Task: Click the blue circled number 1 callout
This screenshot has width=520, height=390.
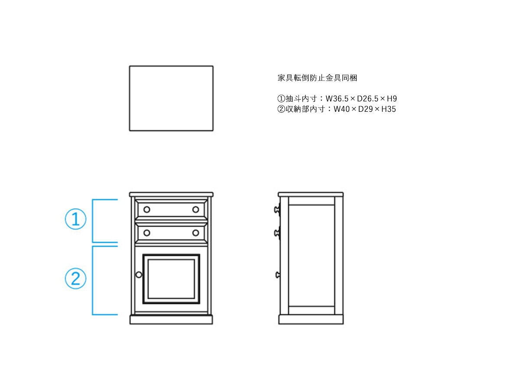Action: tap(75, 219)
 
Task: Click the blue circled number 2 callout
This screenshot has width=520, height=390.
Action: tap(75, 279)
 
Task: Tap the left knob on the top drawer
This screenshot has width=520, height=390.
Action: tap(146, 209)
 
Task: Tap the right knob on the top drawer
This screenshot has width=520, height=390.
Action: tap(196, 209)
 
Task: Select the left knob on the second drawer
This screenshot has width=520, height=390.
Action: tap(146, 233)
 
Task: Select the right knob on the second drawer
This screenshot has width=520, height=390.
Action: tap(196, 233)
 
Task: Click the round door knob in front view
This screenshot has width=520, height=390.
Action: tap(139, 275)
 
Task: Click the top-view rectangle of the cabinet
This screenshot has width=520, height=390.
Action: tap(171, 98)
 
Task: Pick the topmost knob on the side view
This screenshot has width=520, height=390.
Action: tap(277, 209)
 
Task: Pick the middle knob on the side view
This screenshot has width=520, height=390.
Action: tap(277, 233)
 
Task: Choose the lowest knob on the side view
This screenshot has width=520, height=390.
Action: tap(278, 275)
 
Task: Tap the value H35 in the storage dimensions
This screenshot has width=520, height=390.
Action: tap(389, 109)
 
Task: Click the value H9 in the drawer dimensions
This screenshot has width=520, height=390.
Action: tap(392, 98)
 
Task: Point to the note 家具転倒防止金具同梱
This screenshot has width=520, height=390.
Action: tap(317, 78)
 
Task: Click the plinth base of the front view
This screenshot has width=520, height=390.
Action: tap(171, 319)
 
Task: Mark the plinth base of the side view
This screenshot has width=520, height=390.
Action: tap(311, 319)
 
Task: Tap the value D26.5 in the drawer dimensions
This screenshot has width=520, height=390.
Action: tap(367, 98)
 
